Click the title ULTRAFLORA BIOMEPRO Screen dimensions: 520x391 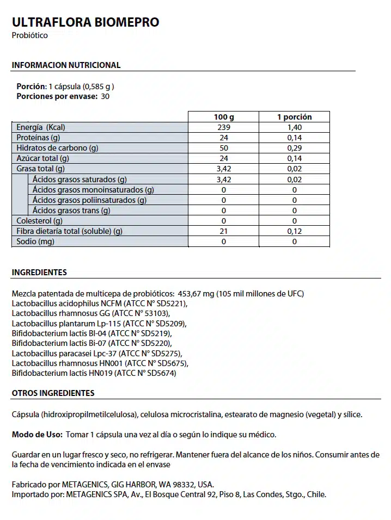click(x=85, y=22)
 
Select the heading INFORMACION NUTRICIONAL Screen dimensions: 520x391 click(x=66, y=65)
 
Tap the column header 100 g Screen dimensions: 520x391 click(x=224, y=117)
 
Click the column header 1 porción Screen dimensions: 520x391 click(x=295, y=117)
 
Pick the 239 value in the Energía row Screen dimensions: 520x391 click(x=224, y=127)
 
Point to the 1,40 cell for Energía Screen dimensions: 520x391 click(x=295, y=127)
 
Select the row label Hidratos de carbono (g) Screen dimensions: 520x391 click(x=57, y=148)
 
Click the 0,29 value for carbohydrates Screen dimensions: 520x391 click(x=295, y=148)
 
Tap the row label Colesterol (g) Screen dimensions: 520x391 click(x=40, y=221)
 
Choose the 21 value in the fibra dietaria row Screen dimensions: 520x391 click(x=224, y=231)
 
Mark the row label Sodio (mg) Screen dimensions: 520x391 click(x=35, y=242)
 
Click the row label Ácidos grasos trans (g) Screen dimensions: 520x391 click(x=71, y=211)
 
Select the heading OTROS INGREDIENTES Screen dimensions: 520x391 click(x=53, y=393)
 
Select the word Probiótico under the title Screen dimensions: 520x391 click(x=30, y=35)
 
